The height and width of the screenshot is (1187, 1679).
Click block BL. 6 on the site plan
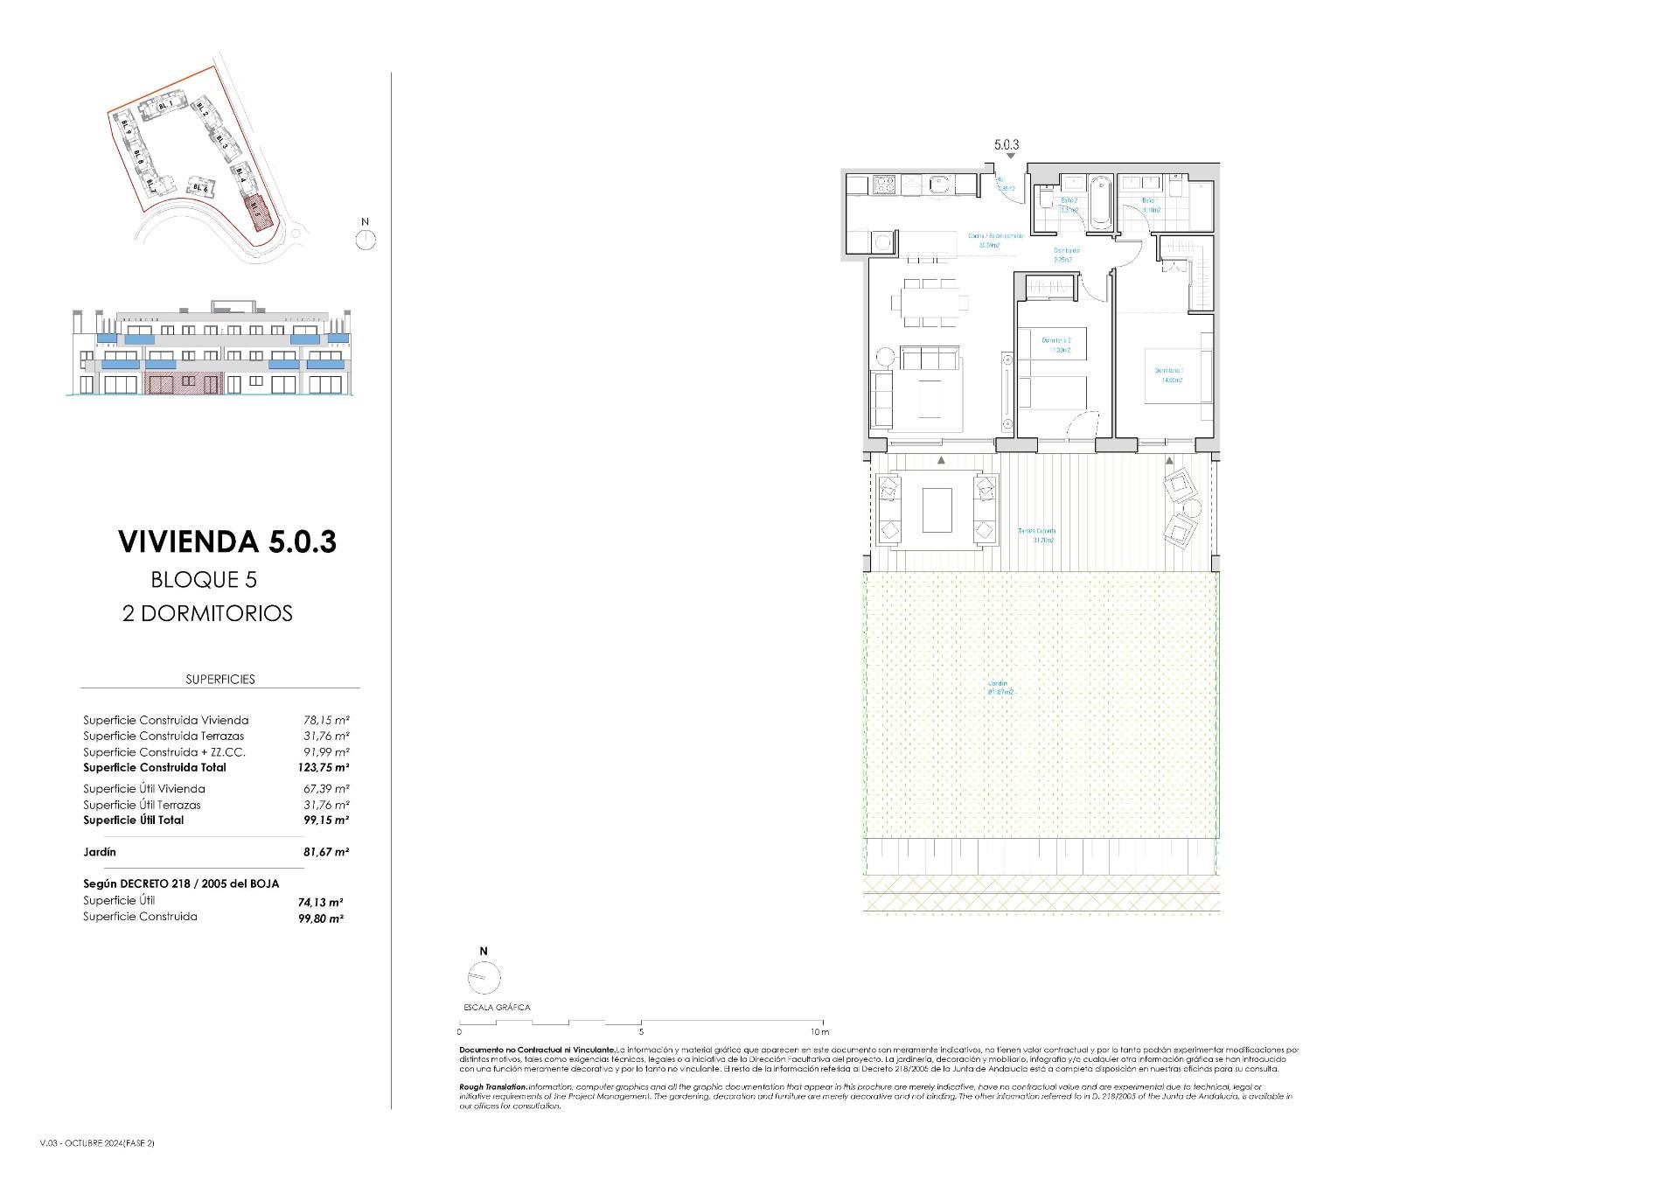pyautogui.click(x=200, y=188)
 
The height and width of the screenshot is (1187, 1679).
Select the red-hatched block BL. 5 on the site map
pyautogui.click(x=256, y=211)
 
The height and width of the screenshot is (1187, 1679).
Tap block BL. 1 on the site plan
pyautogui.click(x=163, y=105)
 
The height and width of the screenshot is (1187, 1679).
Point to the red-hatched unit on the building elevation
pyautogui.click(x=185, y=382)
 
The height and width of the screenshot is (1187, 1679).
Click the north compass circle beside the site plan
pyautogui.click(x=366, y=239)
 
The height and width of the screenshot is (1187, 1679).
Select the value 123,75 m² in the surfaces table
pyautogui.click(x=324, y=768)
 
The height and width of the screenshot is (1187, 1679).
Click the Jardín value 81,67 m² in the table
pyautogui.click(x=325, y=852)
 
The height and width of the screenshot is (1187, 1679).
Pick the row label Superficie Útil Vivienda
pyautogui.click(x=144, y=789)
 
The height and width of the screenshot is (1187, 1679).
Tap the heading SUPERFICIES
pyautogui.click(x=220, y=680)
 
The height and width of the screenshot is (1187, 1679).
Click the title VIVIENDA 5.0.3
pyautogui.click(x=227, y=542)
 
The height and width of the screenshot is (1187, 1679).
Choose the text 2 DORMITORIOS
pyautogui.click(x=207, y=614)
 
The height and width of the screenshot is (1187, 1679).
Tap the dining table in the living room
pyautogui.click(x=930, y=303)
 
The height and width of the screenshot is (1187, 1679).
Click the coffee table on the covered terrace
pyautogui.click(x=937, y=510)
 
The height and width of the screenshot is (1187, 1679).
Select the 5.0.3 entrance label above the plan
pyautogui.click(x=1007, y=145)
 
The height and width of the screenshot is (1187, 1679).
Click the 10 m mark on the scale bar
pyautogui.click(x=819, y=1032)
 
